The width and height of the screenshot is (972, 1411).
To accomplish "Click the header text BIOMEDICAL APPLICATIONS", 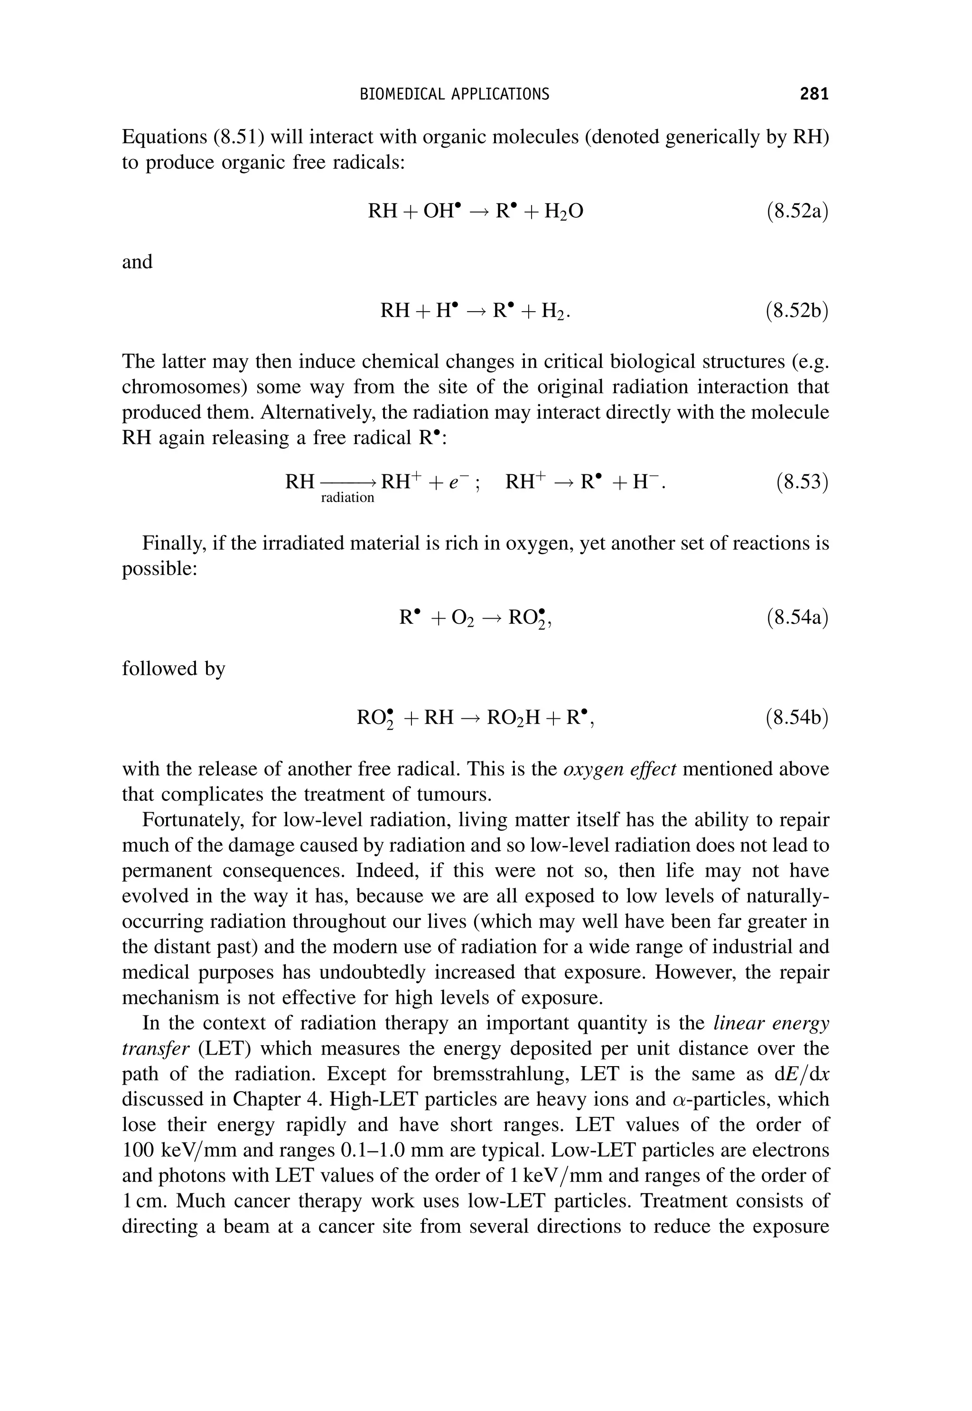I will [x=454, y=94].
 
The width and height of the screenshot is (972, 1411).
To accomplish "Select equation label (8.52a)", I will [x=796, y=211].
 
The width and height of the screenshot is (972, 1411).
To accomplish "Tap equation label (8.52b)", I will [x=796, y=311].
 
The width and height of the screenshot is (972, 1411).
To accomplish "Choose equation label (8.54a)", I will [x=796, y=618].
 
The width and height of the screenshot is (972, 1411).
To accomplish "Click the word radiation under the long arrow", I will [x=347, y=498].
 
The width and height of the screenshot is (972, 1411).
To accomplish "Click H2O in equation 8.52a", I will [x=563, y=212].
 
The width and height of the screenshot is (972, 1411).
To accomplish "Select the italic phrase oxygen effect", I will [x=619, y=769].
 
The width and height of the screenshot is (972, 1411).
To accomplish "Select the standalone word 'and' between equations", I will [x=137, y=262].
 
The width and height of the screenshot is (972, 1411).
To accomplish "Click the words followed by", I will [x=174, y=668].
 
